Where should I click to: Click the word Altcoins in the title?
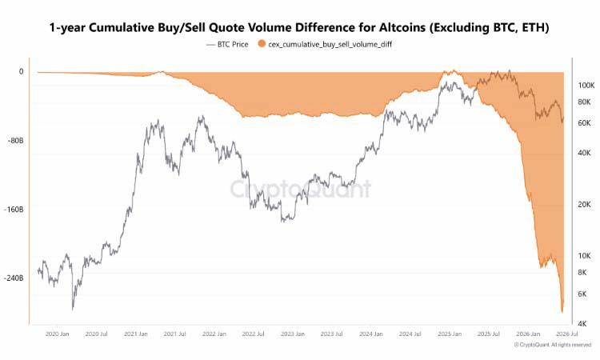tap(402, 27)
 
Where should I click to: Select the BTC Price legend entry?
tap(227, 44)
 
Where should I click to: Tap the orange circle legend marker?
tap(262, 44)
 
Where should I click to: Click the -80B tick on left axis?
tap(15, 141)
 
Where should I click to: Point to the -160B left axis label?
tap(14, 210)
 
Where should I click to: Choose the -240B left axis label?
tap(14, 278)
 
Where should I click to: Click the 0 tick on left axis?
tap(21, 71)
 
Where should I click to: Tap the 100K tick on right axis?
tap(586, 86)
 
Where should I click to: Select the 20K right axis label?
tap(584, 205)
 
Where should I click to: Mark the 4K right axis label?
tap(582, 324)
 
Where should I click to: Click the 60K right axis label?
tap(584, 123)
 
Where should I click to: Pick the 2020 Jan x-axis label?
tap(58, 334)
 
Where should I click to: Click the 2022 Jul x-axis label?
tap(253, 334)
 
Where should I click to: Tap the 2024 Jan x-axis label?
tap(370, 334)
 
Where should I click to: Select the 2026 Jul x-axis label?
tap(566, 334)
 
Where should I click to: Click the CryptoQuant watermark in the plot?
tap(300, 189)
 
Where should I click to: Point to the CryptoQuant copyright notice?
tap(553, 345)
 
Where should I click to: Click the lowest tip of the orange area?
tap(562, 313)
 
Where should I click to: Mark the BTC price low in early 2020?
tap(73, 309)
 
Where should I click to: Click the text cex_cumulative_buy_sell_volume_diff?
tap(330, 44)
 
